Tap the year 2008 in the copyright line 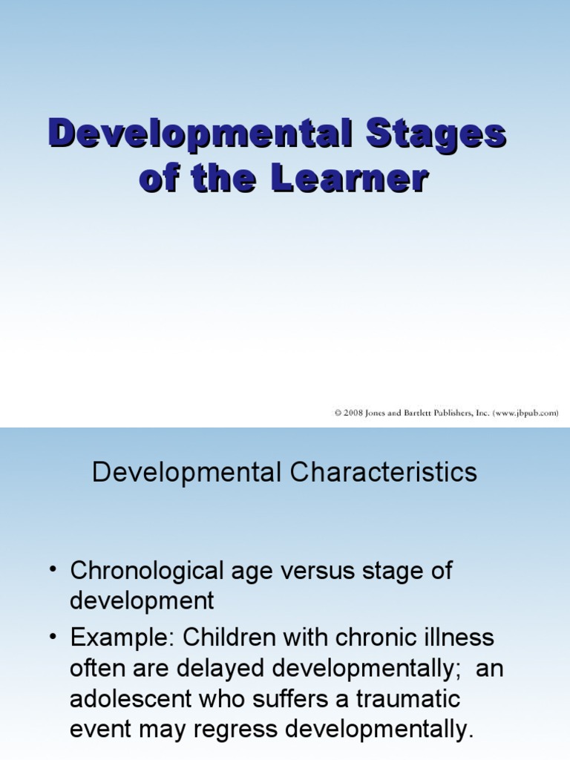pos(353,413)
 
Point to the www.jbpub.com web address pos(525,413)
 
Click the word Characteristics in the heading pos(384,473)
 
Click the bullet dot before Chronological pos(53,571)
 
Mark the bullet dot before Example pos(53,637)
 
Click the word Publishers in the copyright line pos(459,413)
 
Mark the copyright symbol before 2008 pos(338,413)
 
